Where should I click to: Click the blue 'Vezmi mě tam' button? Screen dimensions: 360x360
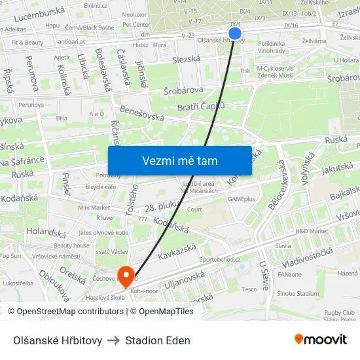click(x=179, y=160)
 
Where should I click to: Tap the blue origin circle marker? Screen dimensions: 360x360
click(x=235, y=33)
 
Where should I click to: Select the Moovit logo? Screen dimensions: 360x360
click(x=320, y=339)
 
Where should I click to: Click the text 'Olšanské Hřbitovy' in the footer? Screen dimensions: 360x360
click(x=58, y=340)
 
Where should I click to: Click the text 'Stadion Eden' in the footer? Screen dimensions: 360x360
click(x=158, y=340)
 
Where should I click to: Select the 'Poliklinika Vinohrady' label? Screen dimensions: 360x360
click(x=271, y=46)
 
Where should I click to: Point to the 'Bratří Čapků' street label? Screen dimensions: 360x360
click(x=204, y=106)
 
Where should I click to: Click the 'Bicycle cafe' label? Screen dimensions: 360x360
click(x=101, y=187)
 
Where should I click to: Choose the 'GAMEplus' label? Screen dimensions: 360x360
click(x=242, y=198)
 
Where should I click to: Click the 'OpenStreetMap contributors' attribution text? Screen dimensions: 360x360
click(x=70, y=312)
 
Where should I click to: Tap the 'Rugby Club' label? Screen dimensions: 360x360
click(x=339, y=312)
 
